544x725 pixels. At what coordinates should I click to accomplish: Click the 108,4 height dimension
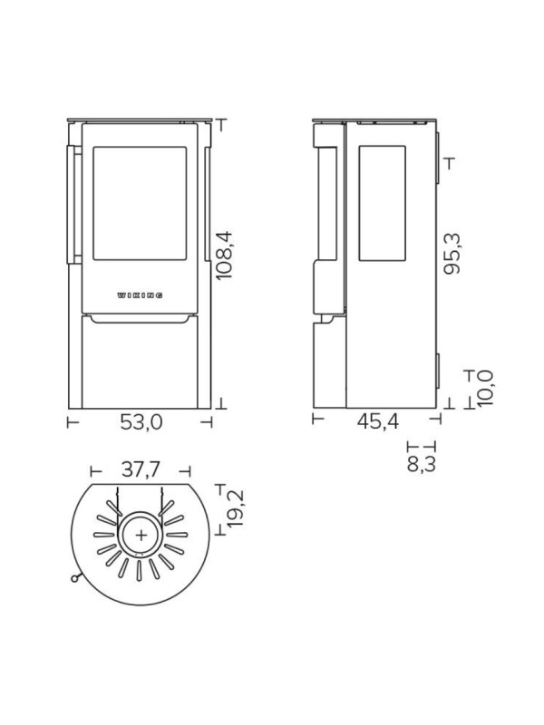pyautogui.click(x=225, y=256)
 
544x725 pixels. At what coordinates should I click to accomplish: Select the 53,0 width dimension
pyautogui.click(x=141, y=422)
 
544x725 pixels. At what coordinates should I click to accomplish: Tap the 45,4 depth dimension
pyautogui.click(x=377, y=421)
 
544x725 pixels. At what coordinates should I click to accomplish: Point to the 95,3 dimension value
pyautogui.click(x=452, y=254)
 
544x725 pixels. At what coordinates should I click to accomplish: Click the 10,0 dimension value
pyautogui.click(x=485, y=389)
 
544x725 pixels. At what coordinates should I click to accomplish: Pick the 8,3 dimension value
pyautogui.click(x=421, y=464)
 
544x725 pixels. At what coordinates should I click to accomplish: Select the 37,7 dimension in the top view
pyautogui.click(x=141, y=469)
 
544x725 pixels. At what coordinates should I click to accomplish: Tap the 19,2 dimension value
pyautogui.click(x=236, y=508)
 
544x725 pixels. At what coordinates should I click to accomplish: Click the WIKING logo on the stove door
pyautogui.click(x=140, y=295)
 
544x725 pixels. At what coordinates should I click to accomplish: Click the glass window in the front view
pyautogui.click(x=140, y=203)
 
